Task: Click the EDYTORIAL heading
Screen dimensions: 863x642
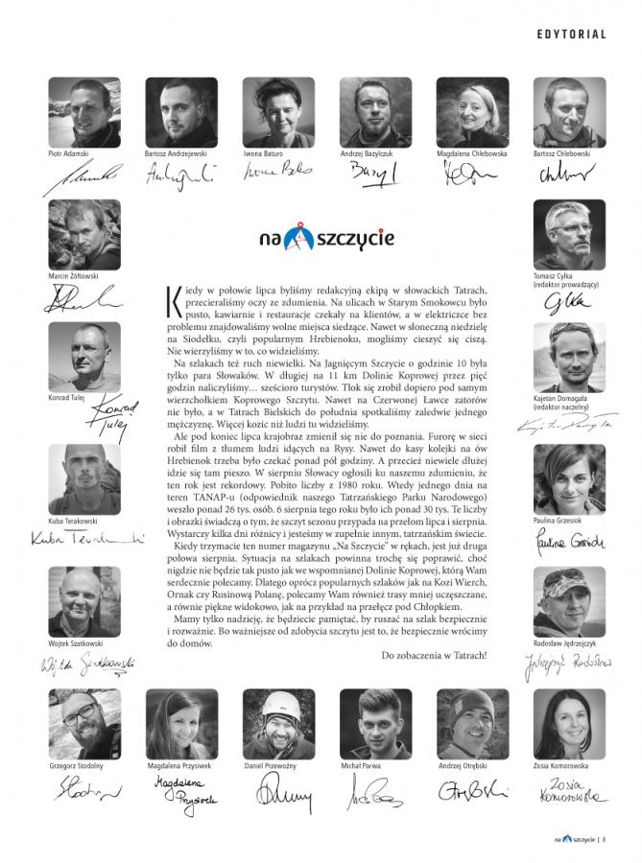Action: point(572,35)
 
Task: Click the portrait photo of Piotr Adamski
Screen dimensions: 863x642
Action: point(84,112)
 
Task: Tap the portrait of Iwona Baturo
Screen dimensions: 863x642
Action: point(278,112)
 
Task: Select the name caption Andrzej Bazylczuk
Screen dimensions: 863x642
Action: point(376,153)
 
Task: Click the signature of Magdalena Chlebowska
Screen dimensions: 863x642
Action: point(470,174)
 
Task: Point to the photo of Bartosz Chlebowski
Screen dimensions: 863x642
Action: point(569,112)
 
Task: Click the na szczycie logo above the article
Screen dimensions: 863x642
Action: point(313,236)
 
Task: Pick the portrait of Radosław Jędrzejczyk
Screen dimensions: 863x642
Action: point(569,601)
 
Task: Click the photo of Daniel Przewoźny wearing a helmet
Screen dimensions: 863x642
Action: point(278,724)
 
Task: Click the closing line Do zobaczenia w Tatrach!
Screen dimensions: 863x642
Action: point(434,655)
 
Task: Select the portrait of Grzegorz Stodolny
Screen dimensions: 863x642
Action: point(84,724)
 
